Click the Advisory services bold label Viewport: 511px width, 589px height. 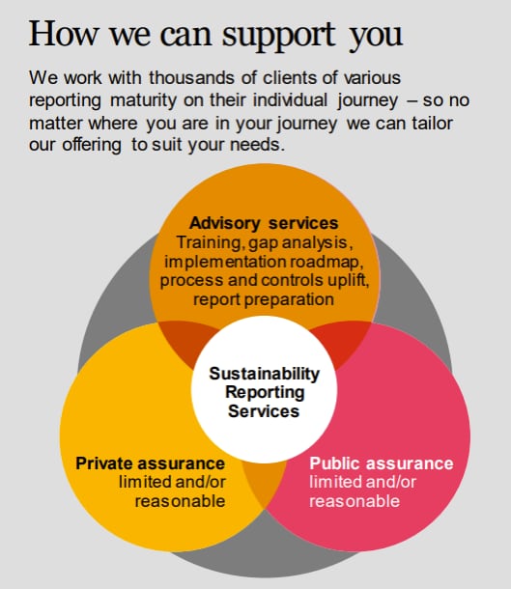264,223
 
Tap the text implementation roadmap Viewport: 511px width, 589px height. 265,262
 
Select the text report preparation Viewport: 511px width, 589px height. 264,299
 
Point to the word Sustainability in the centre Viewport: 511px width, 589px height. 264,374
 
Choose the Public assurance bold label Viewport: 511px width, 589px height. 381,463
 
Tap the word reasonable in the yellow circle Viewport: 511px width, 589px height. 180,500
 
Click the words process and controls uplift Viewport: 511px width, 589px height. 265,281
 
